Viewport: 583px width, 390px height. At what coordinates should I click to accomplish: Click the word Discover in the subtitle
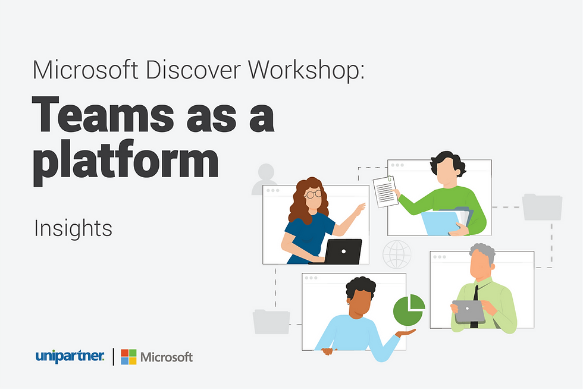pos(193,70)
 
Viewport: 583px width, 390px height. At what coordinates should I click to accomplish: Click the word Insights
pos(73,228)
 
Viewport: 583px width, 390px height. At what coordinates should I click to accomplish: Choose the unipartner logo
pos(70,356)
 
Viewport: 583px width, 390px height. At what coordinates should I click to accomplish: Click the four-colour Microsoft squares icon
pos(128,357)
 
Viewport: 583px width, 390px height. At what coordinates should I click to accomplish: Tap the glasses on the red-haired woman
pos(313,194)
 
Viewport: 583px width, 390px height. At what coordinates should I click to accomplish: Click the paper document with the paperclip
pos(385,191)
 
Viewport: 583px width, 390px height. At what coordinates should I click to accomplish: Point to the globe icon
pos(397,254)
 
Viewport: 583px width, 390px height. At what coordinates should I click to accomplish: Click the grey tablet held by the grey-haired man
pos(469,312)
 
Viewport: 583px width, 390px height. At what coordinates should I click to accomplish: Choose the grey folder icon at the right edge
pos(542,207)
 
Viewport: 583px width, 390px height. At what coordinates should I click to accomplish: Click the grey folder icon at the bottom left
pos(271,322)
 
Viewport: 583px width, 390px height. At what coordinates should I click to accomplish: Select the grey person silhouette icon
pos(265,179)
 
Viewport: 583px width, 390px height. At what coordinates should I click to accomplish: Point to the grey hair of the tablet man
pos(483,252)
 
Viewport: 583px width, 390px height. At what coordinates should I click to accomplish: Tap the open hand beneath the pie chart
pos(405,333)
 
